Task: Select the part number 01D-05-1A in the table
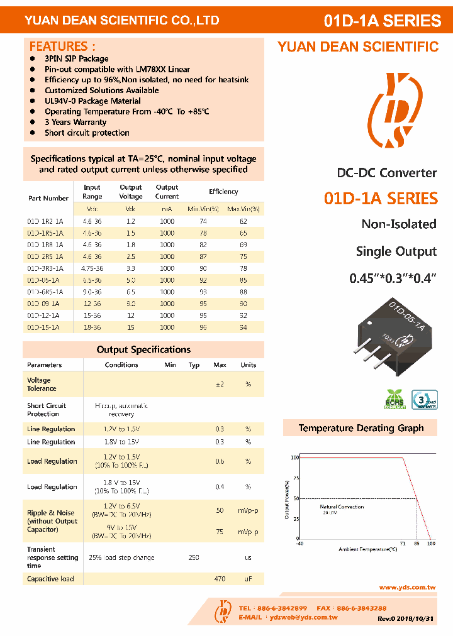click(43, 280)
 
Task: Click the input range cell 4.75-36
click(92, 268)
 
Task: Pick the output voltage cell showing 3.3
click(130, 268)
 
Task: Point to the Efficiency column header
click(223, 192)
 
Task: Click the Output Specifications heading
click(143, 349)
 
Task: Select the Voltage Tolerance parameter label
click(39, 384)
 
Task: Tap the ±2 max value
click(220, 384)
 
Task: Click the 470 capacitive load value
click(220, 579)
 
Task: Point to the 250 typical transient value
click(194, 557)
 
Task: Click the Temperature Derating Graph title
click(361, 428)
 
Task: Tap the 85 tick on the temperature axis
click(417, 543)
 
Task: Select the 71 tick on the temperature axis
click(402, 543)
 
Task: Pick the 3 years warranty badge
click(423, 400)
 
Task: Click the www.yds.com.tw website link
click(407, 587)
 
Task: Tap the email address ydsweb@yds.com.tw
click(303, 617)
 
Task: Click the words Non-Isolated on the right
click(398, 224)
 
